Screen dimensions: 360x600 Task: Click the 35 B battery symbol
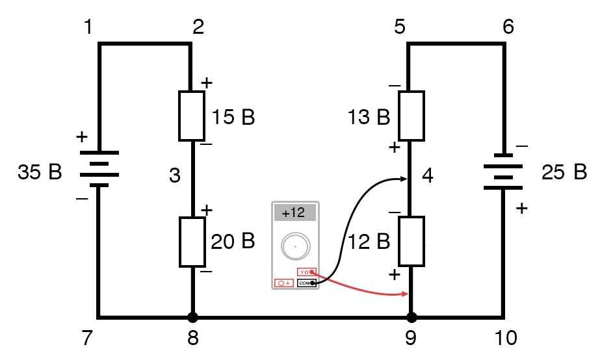click(x=99, y=168)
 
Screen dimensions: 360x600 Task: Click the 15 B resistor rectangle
click(x=192, y=116)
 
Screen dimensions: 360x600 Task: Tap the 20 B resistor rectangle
click(x=192, y=242)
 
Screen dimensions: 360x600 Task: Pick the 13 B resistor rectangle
click(x=411, y=116)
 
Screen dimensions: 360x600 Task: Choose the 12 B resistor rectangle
click(x=411, y=241)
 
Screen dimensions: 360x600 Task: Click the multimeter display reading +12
click(x=294, y=213)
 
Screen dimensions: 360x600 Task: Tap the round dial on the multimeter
click(x=294, y=247)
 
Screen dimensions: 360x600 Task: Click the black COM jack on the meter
click(x=306, y=283)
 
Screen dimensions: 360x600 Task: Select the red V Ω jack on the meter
click(x=307, y=272)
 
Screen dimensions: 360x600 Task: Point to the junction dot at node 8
click(x=192, y=318)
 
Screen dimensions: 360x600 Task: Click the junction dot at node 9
click(x=411, y=318)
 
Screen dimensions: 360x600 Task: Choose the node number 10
click(x=505, y=339)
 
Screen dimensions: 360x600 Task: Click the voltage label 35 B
click(x=40, y=173)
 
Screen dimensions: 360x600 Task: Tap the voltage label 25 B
click(x=564, y=173)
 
